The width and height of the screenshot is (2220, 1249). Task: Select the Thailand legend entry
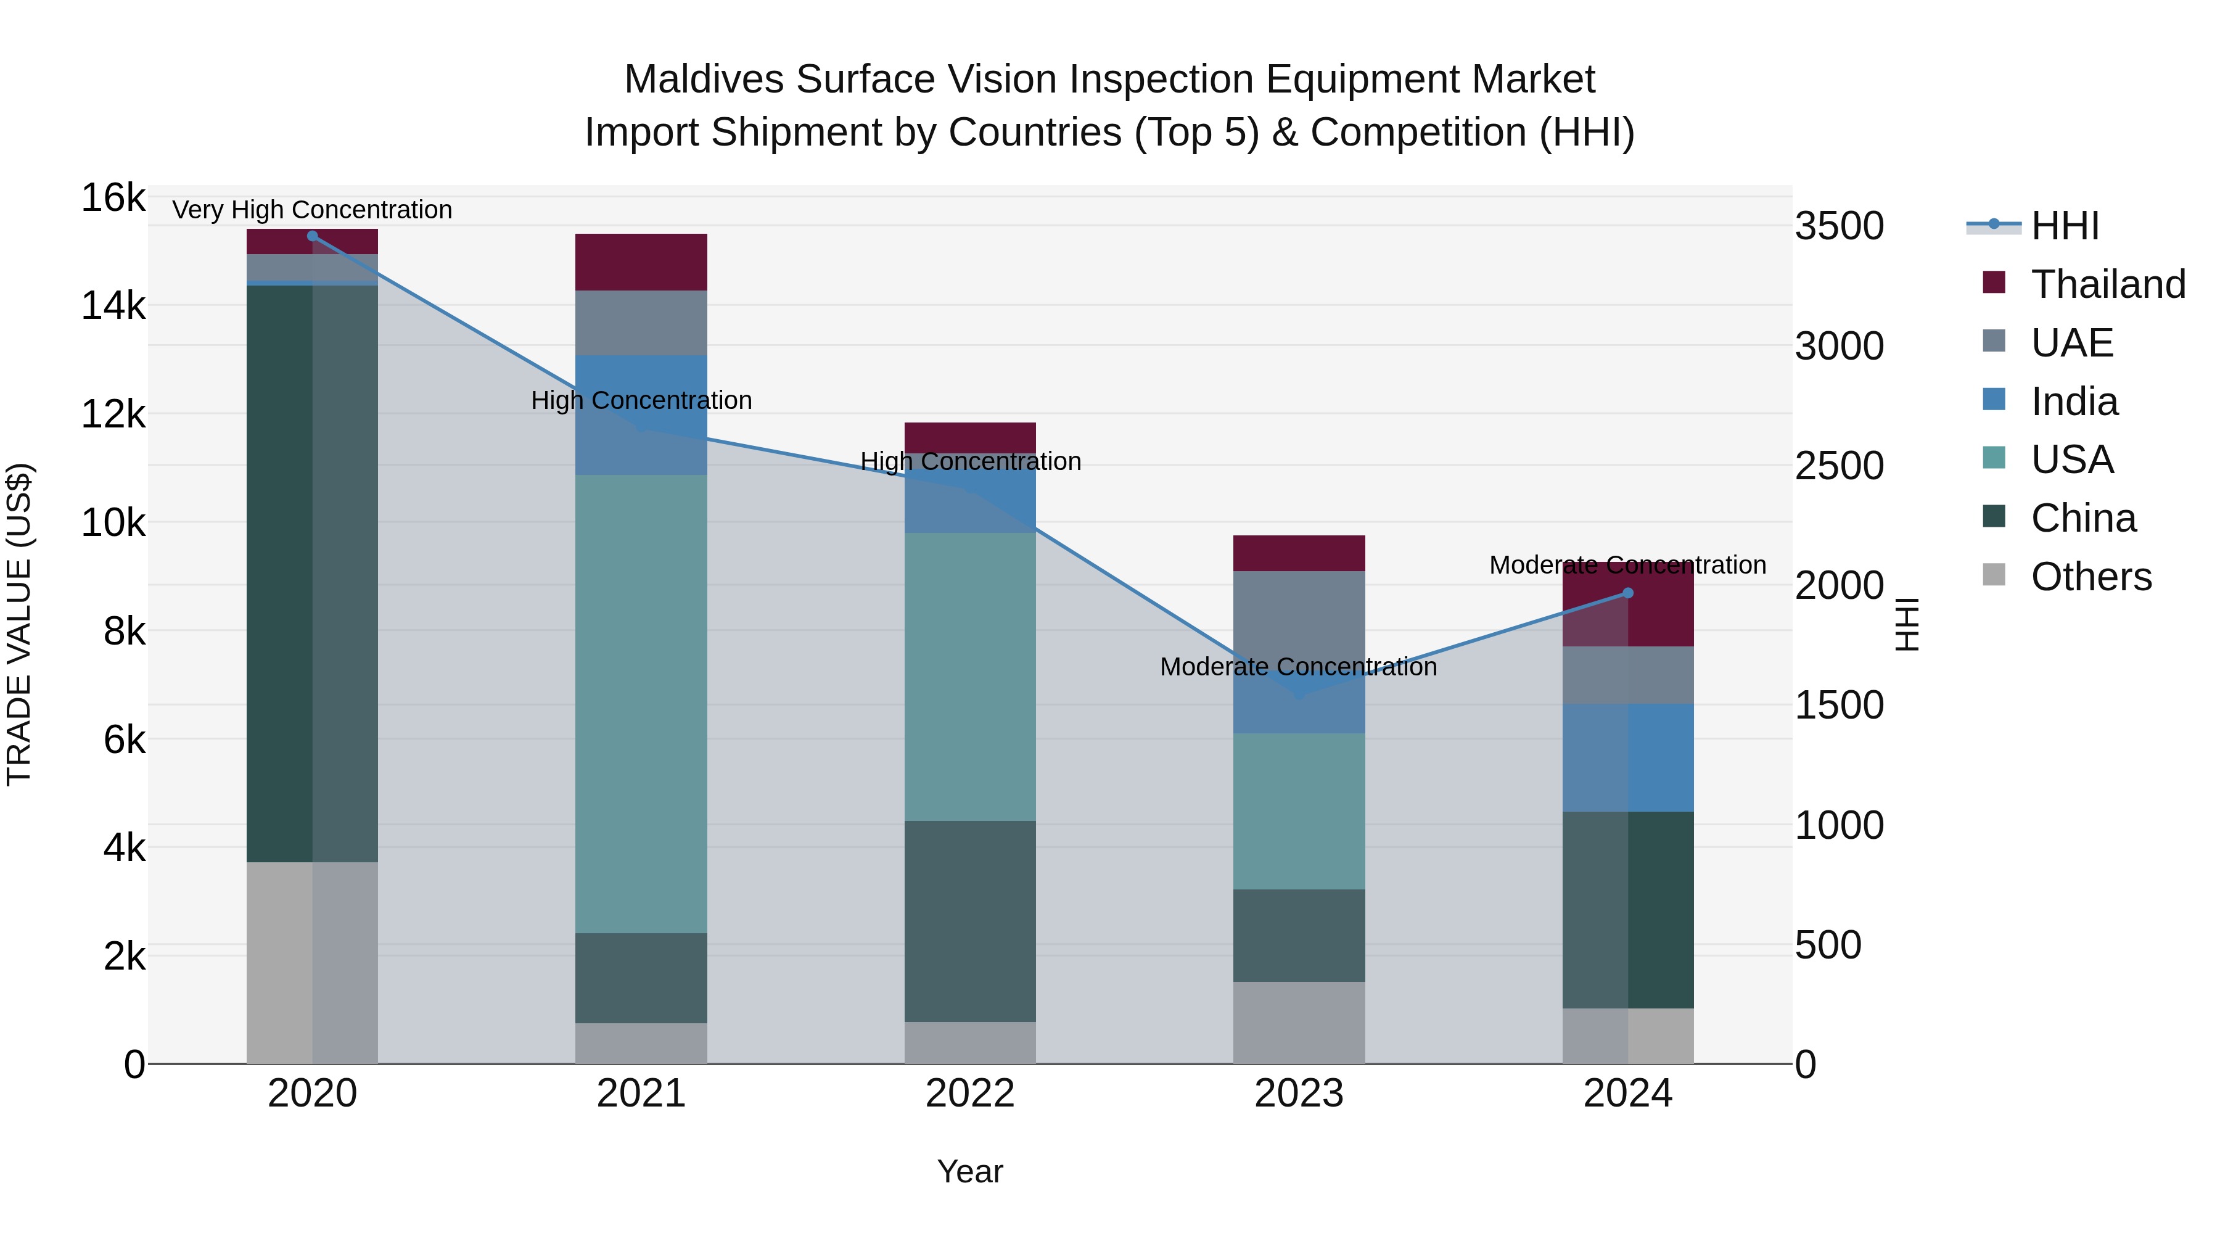2107,284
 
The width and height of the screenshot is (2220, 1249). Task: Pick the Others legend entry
2090,577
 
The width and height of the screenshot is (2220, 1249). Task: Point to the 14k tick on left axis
112,306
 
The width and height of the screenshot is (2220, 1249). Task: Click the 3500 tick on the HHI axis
1839,227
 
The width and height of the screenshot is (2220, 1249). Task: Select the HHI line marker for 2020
313,236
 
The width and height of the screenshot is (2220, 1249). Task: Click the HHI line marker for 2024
1628,593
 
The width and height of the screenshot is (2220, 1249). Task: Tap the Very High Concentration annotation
312,210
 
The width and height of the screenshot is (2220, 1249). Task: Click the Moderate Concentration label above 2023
1298,667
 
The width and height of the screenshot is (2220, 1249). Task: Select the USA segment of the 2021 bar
641,703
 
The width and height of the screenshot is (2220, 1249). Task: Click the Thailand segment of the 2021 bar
641,262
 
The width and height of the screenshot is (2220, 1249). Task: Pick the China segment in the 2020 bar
312,573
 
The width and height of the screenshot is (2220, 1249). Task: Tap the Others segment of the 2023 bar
1299,1022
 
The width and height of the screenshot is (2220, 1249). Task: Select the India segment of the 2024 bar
1628,757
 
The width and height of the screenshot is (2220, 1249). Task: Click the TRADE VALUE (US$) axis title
19,624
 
